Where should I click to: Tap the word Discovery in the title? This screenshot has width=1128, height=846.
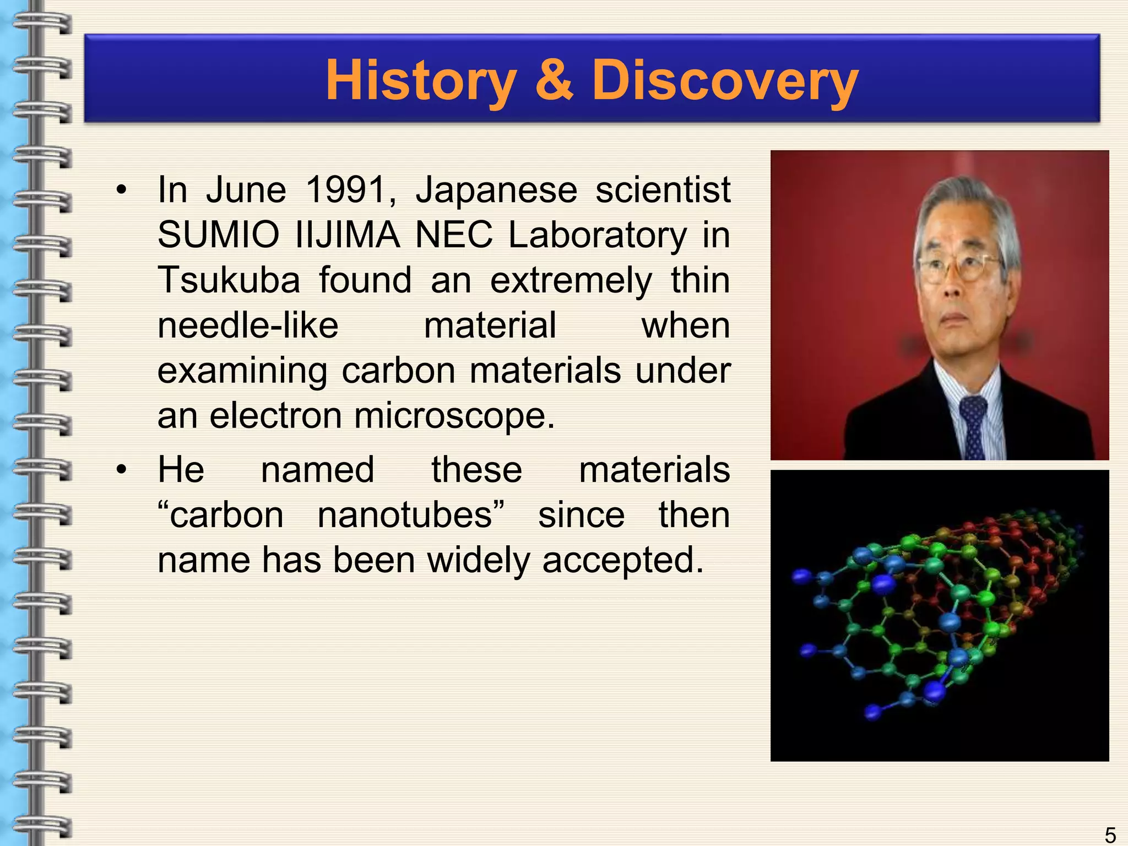tap(724, 81)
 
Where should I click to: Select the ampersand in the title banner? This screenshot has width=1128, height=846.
tap(554, 81)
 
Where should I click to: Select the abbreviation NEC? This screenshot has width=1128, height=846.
tap(453, 235)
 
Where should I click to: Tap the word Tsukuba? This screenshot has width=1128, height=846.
tap(229, 280)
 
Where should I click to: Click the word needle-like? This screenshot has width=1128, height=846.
tap(248, 326)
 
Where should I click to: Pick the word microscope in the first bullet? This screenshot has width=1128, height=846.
tap(454, 416)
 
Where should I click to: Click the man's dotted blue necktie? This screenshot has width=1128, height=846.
tap(974, 427)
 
